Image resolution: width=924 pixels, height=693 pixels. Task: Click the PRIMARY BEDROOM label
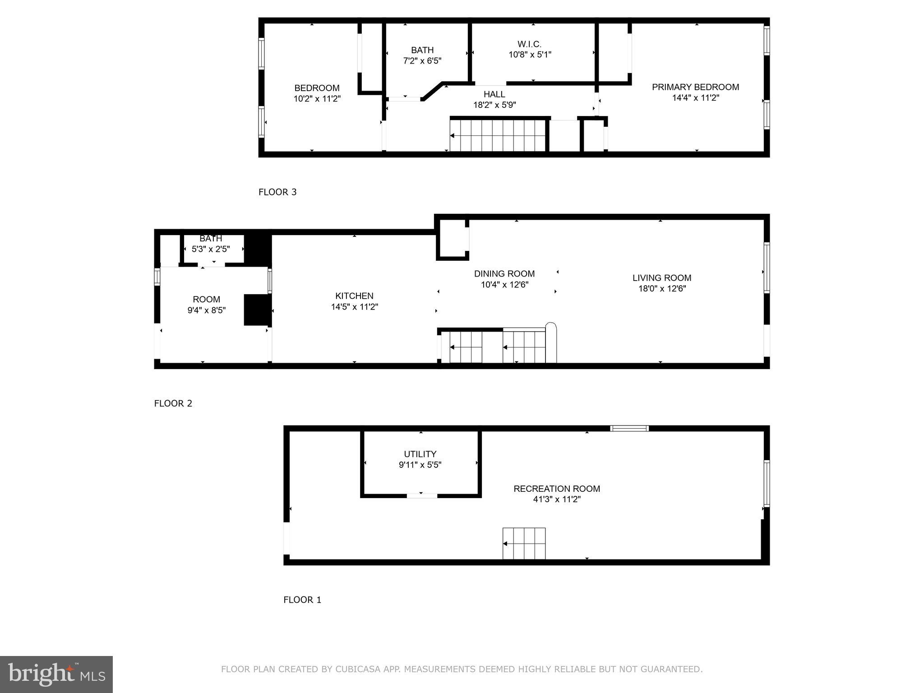pyautogui.click(x=695, y=87)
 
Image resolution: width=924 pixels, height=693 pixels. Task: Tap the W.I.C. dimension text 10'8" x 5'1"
pyautogui.click(x=530, y=55)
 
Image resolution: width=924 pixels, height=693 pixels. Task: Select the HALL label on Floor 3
pyautogui.click(x=494, y=94)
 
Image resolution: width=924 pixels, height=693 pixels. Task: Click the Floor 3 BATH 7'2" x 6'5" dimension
pyautogui.click(x=422, y=60)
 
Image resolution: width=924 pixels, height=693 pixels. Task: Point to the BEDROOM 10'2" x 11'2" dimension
pyautogui.click(x=317, y=98)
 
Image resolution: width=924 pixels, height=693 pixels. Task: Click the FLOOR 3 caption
pyautogui.click(x=277, y=192)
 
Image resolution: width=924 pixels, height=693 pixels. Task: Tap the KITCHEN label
pyautogui.click(x=354, y=296)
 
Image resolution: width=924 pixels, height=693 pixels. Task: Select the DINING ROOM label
pyautogui.click(x=504, y=274)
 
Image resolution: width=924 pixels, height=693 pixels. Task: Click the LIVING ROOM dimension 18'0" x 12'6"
pyautogui.click(x=662, y=289)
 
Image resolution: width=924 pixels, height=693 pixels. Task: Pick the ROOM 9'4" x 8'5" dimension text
pyautogui.click(x=206, y=310)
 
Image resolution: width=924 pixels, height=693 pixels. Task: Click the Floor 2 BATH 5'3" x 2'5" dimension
pyautogui.click(x=211, y=249)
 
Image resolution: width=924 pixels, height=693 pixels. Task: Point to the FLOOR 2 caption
pyautogui.click(x=173, y=403)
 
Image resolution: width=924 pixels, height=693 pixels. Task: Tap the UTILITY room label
pyautogui.click(x=420, y=454)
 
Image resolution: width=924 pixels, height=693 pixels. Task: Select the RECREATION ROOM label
pyautogui.click(x=557, y=489)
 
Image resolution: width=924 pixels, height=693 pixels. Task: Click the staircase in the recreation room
pyautogui.click(x=524, y=544)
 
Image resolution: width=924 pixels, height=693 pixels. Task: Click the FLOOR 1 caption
pyautogui.click(x=302, y=600)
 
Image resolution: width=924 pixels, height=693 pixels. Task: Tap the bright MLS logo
pyautogui.click(x=56, y=674)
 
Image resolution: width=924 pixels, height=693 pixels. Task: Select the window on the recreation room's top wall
pyautogui.click(x=629, y=428)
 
